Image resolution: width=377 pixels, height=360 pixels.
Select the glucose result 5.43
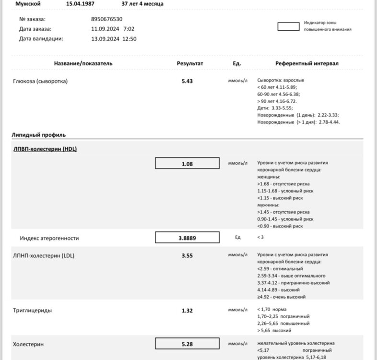pos(187,81)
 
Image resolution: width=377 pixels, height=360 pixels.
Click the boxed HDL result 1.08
pos(187,164)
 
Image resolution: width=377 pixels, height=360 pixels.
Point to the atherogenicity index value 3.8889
pos(187,238)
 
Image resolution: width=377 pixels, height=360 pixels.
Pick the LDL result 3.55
pos(187,256)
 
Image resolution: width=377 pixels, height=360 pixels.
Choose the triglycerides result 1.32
pos(187,311)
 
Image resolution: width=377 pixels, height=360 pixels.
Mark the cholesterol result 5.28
pos(187,344)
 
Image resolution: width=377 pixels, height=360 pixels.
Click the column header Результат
pos(190,63)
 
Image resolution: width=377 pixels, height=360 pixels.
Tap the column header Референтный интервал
pos(307,63)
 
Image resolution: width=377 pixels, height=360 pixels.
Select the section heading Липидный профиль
pos(39,135)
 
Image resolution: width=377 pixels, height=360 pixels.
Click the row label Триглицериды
pos(33,311)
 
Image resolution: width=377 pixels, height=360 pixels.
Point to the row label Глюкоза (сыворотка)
pos(40,81)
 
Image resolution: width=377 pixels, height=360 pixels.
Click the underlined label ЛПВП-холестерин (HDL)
pos(45,149)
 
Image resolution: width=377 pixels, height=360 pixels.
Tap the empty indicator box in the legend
pos(288,26)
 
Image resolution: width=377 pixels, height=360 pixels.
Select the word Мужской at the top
pos(28,3)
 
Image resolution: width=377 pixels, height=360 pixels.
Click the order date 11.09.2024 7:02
pos(113,29)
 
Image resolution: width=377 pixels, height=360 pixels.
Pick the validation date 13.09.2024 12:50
pos(114,39)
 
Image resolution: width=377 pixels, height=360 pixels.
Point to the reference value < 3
pos(260,237)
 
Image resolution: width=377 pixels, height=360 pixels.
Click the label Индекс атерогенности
pos(49,238)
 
